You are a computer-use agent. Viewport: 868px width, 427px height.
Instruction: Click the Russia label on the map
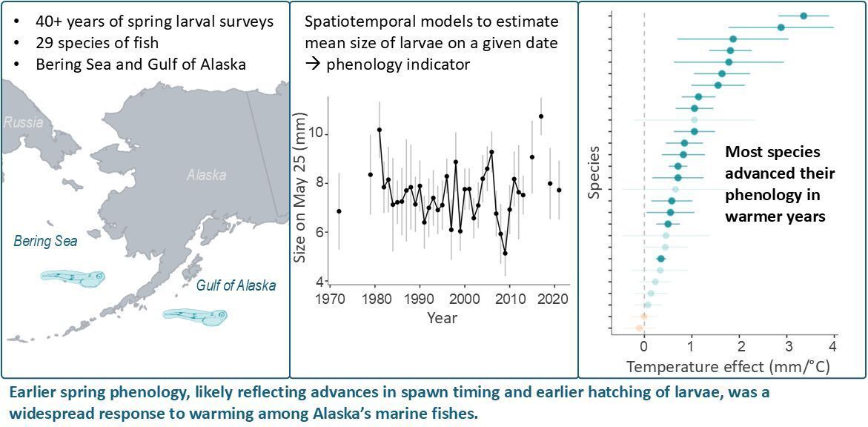pos(24,122)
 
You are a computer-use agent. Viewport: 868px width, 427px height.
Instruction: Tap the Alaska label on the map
pos(206,176)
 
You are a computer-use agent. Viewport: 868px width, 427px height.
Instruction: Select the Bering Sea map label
pos(46,241)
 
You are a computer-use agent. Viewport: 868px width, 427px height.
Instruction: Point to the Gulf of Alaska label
pos(236,285)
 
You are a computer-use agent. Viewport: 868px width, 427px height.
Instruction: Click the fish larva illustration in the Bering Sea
pos(73,277)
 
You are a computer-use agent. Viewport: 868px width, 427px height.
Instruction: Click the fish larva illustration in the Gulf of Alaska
pos(195,317)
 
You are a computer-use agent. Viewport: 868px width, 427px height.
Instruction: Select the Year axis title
pos(442,318)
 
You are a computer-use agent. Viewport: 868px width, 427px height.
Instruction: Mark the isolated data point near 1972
pos(339,211)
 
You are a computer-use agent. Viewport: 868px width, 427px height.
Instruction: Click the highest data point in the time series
pos(541,116)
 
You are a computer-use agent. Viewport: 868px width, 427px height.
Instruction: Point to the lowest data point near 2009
pos(505,253)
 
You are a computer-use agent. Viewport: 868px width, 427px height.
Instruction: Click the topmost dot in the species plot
pos(804,16)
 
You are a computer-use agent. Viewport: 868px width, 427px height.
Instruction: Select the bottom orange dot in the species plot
pos(639,328)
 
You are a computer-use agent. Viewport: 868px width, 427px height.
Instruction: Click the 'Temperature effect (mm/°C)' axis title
pos(727,366)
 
